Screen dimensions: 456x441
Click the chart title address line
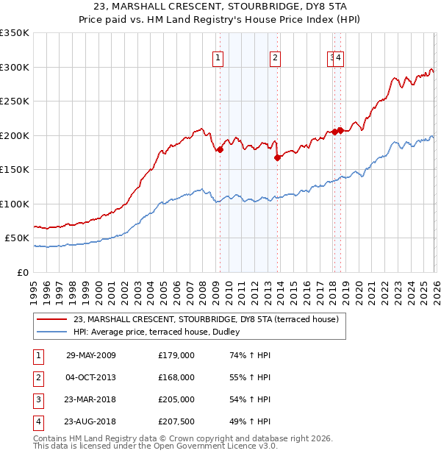(x=220, y=7)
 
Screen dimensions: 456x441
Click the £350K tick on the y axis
(x=15, y=33)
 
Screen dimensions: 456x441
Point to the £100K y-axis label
(x=15, y=204)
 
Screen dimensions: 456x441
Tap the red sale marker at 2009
(x=220, y=150)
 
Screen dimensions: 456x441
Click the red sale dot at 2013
(x=277, y=157)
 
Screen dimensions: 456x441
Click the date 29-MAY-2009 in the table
(x=91, y=355)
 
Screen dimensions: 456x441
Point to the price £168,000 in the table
(x=176, y=377)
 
